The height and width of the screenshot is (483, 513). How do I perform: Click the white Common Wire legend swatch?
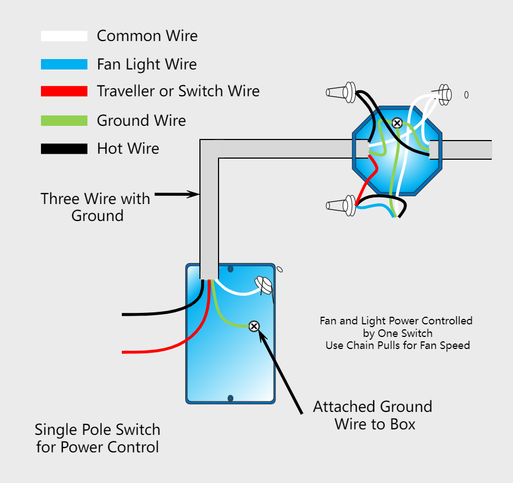pos(64,36)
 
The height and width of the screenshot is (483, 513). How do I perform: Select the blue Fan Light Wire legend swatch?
pos(64,65)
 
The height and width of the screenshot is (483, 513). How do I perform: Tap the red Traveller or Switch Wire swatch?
pos(64,91)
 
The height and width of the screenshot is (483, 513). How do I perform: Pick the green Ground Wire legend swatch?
pos(64,120)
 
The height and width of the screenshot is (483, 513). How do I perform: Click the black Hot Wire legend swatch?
pos(64,149)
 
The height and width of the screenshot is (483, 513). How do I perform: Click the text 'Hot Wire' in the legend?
pos(128,148)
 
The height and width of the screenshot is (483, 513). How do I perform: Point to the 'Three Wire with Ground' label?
pos(96,207)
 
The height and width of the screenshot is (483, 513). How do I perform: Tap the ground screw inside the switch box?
pos(254,327)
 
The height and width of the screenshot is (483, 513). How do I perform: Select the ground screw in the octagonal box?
pos(397,123)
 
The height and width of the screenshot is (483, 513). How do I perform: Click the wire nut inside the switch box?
pos(263,285)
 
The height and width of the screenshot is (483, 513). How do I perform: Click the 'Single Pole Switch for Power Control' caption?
pos(98,438)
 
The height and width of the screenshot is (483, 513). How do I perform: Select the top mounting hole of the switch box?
pos(231,269)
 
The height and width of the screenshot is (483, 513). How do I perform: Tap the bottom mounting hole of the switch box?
pos(231,398)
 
